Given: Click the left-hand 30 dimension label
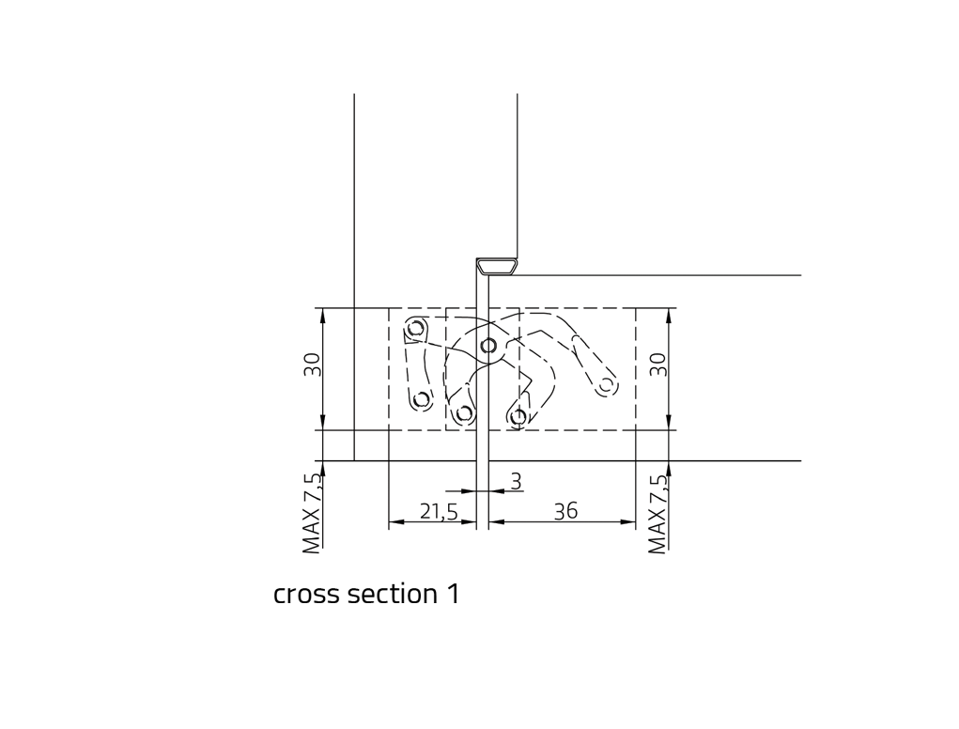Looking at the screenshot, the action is [x=313, y=365].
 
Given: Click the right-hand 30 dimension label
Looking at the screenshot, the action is [x=657, y=365].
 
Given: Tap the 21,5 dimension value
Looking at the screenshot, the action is [x=440, y=511].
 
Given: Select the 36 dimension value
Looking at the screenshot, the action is [x=565, y=511].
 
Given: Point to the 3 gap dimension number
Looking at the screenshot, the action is [x=517, y=482].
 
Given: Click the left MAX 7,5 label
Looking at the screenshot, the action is [x=313, y=514].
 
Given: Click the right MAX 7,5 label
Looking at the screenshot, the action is [x=657, y=514].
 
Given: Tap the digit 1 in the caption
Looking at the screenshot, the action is [x=454, y=594].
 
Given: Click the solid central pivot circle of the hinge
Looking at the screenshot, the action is [x=488, y=346].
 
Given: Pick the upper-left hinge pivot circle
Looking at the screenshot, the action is [x=416, y=329].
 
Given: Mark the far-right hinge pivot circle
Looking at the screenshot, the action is [x=606, y=385].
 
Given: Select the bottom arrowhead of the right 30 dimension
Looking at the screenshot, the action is [x=669, y=423].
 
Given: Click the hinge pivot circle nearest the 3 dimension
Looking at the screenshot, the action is [x=518, y=417].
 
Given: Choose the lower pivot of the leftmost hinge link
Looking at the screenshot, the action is [x=421, y=400].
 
